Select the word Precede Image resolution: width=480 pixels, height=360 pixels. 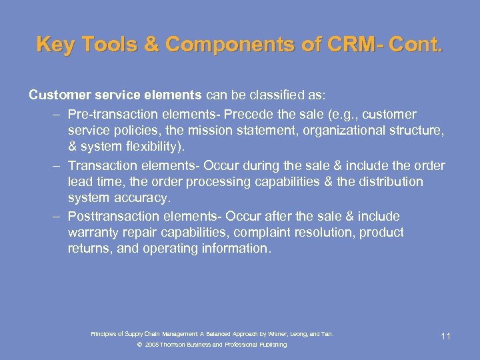tap(249, 114)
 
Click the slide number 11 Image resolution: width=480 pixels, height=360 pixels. tap(446, 336)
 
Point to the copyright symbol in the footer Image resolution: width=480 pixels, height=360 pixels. tap(139, 345)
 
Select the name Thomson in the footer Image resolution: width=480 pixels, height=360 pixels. tap(173, 345)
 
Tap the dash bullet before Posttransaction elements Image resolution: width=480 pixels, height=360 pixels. tap(58, 217)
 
